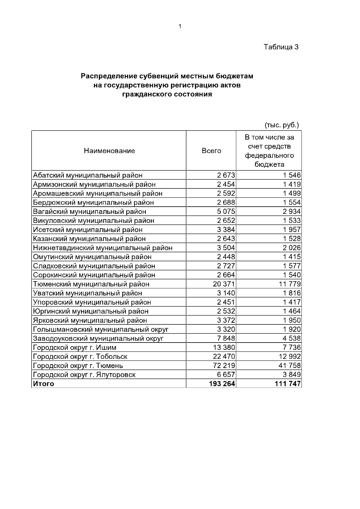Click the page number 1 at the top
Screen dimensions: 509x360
point(180,27)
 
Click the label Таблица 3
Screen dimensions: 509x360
point(281,47)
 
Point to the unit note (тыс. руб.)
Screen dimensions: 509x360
point(282,125)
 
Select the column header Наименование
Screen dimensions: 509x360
point(109,151)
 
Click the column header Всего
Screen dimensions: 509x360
point(211,151)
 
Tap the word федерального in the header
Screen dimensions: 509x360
point(269,156)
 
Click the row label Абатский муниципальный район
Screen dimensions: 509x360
point(88,175)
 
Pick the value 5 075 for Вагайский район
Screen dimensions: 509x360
point(226,212)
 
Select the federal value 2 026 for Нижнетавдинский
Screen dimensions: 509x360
point(291,248)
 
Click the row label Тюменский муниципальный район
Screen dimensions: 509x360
point(91,284)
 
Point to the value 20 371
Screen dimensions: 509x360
point(224,284)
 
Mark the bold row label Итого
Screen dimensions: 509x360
point(43,384)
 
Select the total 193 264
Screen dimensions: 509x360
point(222,384)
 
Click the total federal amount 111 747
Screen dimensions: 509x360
point(287,384)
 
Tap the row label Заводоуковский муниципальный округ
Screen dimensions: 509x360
point(98,339)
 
